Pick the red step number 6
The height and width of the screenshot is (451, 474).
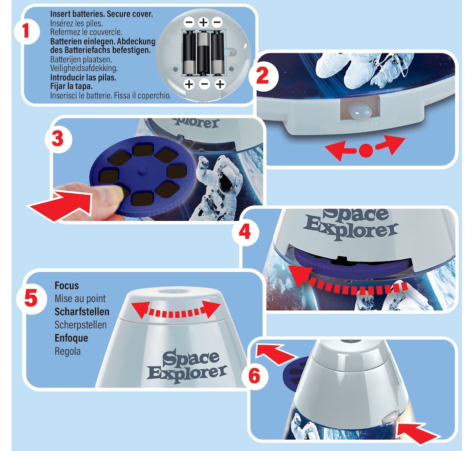[253, 375]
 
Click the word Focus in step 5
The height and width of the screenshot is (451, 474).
[66, 286]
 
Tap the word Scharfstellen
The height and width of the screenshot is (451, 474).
[81, 312]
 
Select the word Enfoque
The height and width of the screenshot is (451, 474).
[71, 338]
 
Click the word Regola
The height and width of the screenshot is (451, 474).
[67, 351]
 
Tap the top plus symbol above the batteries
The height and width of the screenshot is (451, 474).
[203, 22]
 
